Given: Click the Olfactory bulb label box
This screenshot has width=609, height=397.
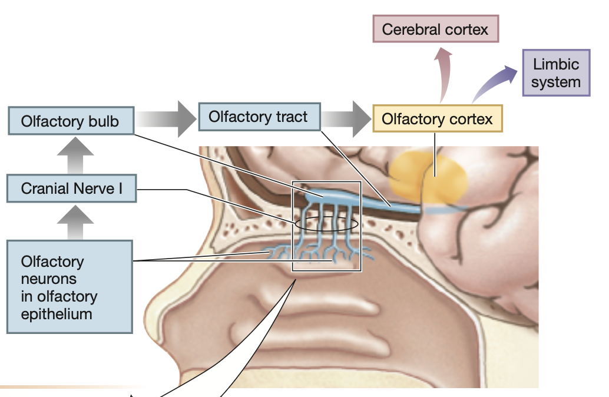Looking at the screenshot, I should tap(70, 121).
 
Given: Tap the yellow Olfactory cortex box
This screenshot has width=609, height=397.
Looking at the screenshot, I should tap(437, 120).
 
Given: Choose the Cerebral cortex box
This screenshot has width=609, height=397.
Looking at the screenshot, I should tap(435, 29).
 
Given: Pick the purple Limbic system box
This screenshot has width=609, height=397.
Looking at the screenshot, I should tap(555, 73).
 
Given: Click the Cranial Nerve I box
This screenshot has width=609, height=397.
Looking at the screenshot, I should tap(71, 188).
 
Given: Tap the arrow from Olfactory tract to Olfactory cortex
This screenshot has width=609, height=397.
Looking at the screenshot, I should tap(347, 118).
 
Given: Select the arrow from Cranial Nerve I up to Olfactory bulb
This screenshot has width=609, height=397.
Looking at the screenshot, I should tap(75, 154).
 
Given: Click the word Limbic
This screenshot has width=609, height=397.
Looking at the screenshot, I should tap(556, 64).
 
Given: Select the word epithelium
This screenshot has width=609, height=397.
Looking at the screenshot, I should tap(57, 313).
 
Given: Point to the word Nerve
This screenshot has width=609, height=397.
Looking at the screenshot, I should tap(89, 188).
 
